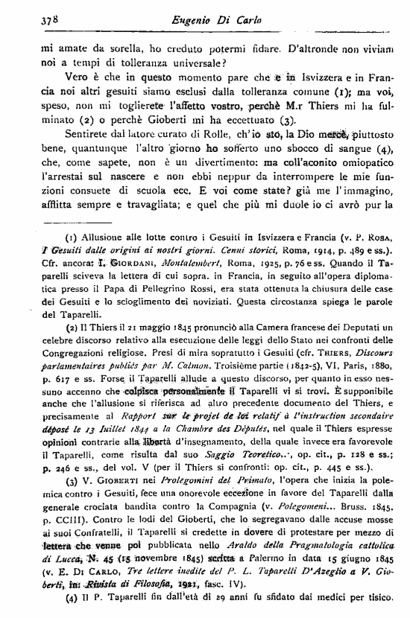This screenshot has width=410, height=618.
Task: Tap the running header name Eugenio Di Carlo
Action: [221, 22]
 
